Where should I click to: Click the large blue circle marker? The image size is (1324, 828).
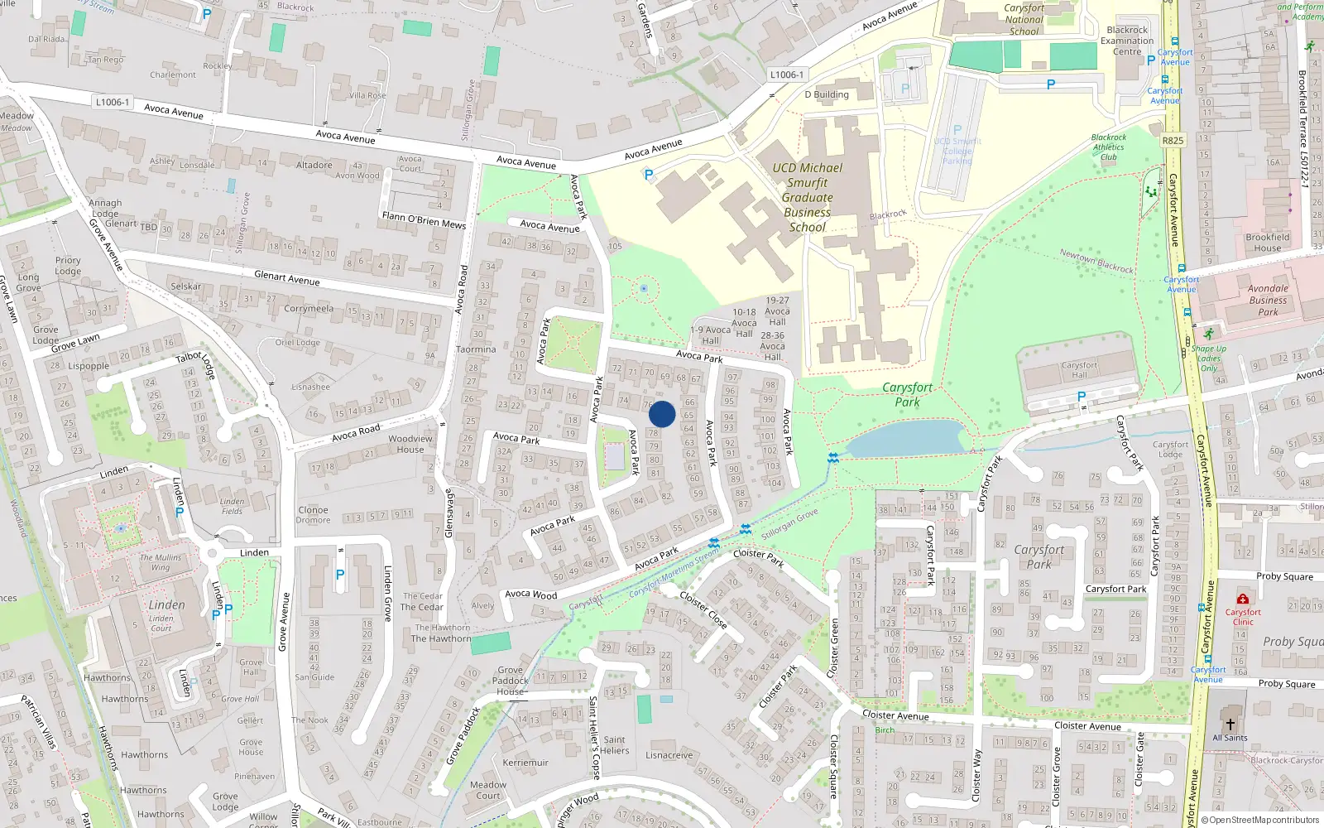(662, 414)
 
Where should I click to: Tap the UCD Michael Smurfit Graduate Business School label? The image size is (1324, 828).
(807, 197)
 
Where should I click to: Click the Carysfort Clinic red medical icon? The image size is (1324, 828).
(1242, 599)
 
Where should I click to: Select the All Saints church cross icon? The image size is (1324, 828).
(1230, 724)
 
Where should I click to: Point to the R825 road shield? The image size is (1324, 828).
(1173, 140)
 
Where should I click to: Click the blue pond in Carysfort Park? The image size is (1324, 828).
(906, 439)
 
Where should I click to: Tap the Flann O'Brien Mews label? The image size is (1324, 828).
(424, 219)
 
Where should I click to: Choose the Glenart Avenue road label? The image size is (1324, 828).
(286, 278)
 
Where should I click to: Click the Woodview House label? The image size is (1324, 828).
(410, 444)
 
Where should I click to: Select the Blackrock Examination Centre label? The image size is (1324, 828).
(1127, 41)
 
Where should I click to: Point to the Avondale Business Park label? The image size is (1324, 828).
(1268, 300)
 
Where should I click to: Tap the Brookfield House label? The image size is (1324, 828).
(1267, 243)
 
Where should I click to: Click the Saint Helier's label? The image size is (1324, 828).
(615, 745)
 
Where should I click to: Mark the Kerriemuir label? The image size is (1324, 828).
(525, 763)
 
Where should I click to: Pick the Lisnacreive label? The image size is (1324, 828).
(669, 755)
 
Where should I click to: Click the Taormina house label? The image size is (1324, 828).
(476, 349)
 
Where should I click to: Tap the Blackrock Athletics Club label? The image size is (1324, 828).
(1109, 147)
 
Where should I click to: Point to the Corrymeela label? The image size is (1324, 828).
(309, 309)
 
